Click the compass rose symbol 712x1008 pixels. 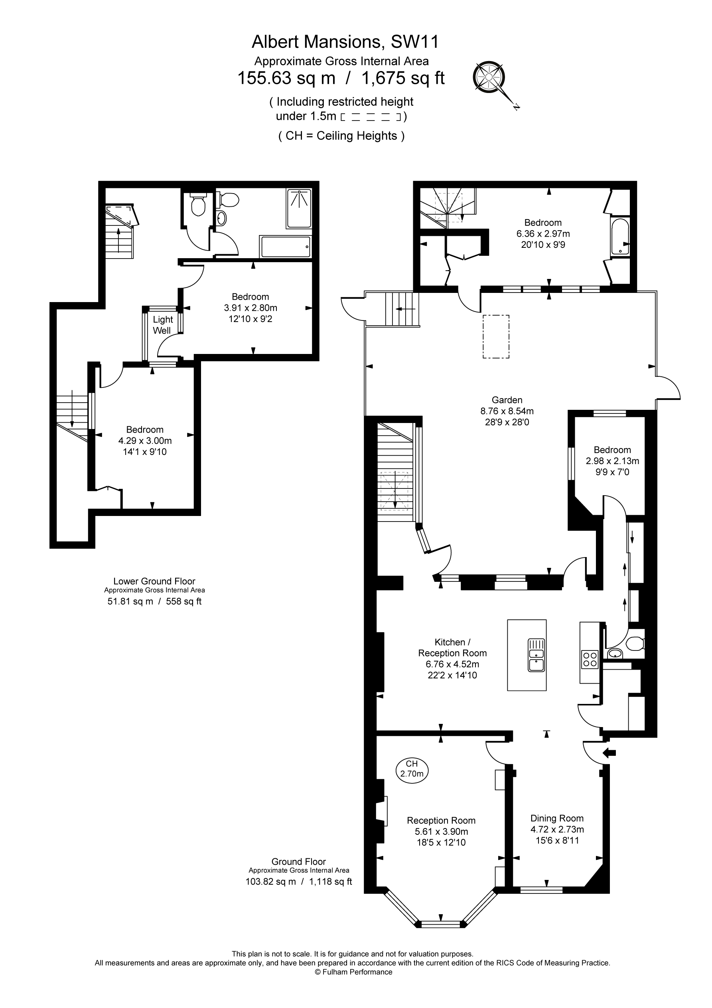(489, 77)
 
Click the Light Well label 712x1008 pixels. (162, 325)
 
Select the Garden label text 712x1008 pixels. (507, 400)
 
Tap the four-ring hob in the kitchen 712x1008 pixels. (590, 659)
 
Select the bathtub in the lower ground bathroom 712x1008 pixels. (286, 247)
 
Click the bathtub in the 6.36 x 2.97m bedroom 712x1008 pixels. (620, 237)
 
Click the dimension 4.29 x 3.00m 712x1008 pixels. (145, 441)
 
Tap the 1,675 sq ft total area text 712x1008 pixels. (403, 78)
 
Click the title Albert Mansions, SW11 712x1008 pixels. (345, 42)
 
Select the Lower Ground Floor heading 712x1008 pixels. (154, 581)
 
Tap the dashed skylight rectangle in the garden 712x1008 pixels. (496, 337)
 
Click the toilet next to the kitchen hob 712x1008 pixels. (634, 644)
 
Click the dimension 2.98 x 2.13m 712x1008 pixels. (612, 461)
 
